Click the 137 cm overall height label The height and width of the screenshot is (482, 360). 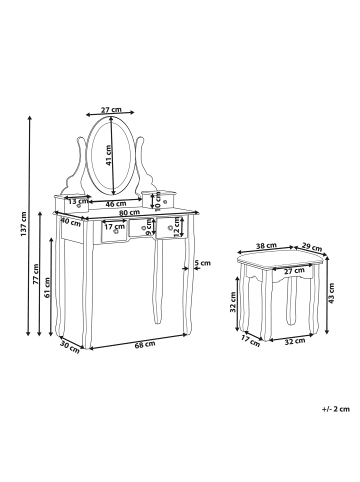point(23,224)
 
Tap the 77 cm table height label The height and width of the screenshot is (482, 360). point(36,274)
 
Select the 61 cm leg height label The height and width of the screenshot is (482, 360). point(47,287)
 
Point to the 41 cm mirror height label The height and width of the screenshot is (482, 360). point(108,155)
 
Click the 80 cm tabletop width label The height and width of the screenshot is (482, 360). point(130,212)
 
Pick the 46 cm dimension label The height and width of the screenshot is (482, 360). point(116,204)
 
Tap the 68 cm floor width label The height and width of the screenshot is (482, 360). point(145,344)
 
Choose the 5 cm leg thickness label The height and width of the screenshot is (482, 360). point(203,263)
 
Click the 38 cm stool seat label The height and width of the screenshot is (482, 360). point(266,246)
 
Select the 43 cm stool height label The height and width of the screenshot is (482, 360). point(331,293)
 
